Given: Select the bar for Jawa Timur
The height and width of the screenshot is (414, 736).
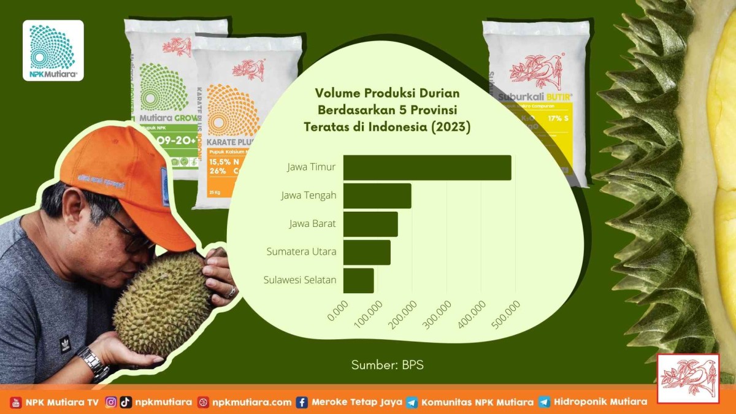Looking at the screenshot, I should coord(427,167).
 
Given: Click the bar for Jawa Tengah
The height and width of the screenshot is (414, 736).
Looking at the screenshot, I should coord(377,196).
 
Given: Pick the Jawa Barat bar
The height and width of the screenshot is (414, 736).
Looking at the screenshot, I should coord(370,224).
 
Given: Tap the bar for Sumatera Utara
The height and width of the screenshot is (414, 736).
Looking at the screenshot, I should coord(367,252).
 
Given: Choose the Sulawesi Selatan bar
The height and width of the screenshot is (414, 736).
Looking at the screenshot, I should coord(358,280).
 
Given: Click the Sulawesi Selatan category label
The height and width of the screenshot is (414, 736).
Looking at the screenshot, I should coord(300,280).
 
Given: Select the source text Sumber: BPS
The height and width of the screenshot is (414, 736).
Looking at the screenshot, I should coord(387,365).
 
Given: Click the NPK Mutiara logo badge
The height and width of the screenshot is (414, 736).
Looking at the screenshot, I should coord(53,50).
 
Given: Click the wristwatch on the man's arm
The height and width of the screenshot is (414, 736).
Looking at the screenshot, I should coord(93,362).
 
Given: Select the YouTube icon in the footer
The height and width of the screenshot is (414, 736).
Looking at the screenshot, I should coord(16,402).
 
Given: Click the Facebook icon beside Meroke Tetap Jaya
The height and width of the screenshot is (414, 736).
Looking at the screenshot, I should coord(302,402).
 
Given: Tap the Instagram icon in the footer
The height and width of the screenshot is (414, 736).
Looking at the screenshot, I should coord(111,402).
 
